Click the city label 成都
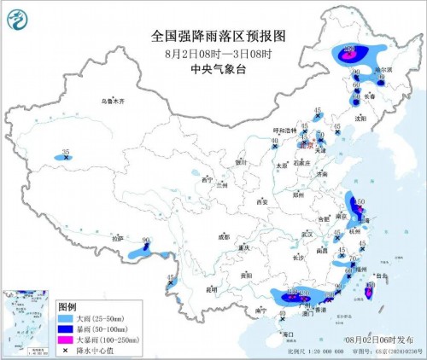[223, 236]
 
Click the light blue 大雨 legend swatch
[67, 318]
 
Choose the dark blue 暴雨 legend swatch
[67, 328]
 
